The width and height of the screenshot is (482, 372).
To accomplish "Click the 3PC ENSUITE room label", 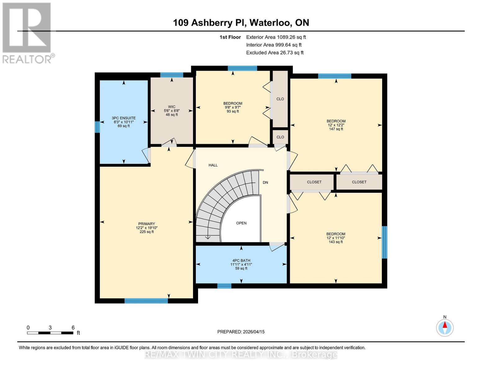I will pos(124,118).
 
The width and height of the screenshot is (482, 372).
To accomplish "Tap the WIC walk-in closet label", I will pos(172,107).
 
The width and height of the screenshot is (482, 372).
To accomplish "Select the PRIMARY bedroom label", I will pos(146,224).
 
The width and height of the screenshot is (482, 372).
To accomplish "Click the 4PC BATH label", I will pos(241,261).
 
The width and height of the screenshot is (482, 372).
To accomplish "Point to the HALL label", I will pos(213,165).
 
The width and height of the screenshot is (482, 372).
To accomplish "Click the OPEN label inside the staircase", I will pos(241,223).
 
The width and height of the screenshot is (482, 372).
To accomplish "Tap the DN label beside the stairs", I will pos(265,183).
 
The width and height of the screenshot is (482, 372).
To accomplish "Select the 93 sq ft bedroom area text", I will pos(233,112).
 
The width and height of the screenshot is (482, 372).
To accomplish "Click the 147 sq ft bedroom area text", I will pos(336,129).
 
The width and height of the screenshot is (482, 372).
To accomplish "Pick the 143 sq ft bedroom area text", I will pos(336,242).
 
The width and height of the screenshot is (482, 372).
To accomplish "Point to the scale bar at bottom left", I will pos(50,333).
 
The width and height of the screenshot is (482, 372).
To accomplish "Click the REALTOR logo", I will pos(27,33).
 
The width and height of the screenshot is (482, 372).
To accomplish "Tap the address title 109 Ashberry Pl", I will pos(241,23).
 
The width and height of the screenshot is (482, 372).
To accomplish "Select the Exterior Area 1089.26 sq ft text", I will pos(276,37).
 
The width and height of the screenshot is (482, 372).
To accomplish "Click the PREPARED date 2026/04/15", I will pos(241,332).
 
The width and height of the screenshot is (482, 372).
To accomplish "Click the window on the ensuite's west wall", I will pos(97,127).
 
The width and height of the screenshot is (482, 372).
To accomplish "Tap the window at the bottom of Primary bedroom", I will pos(146,300).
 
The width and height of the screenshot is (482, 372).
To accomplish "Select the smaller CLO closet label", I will pos(280,137).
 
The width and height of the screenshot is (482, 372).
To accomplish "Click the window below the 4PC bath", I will pos(224,286).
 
